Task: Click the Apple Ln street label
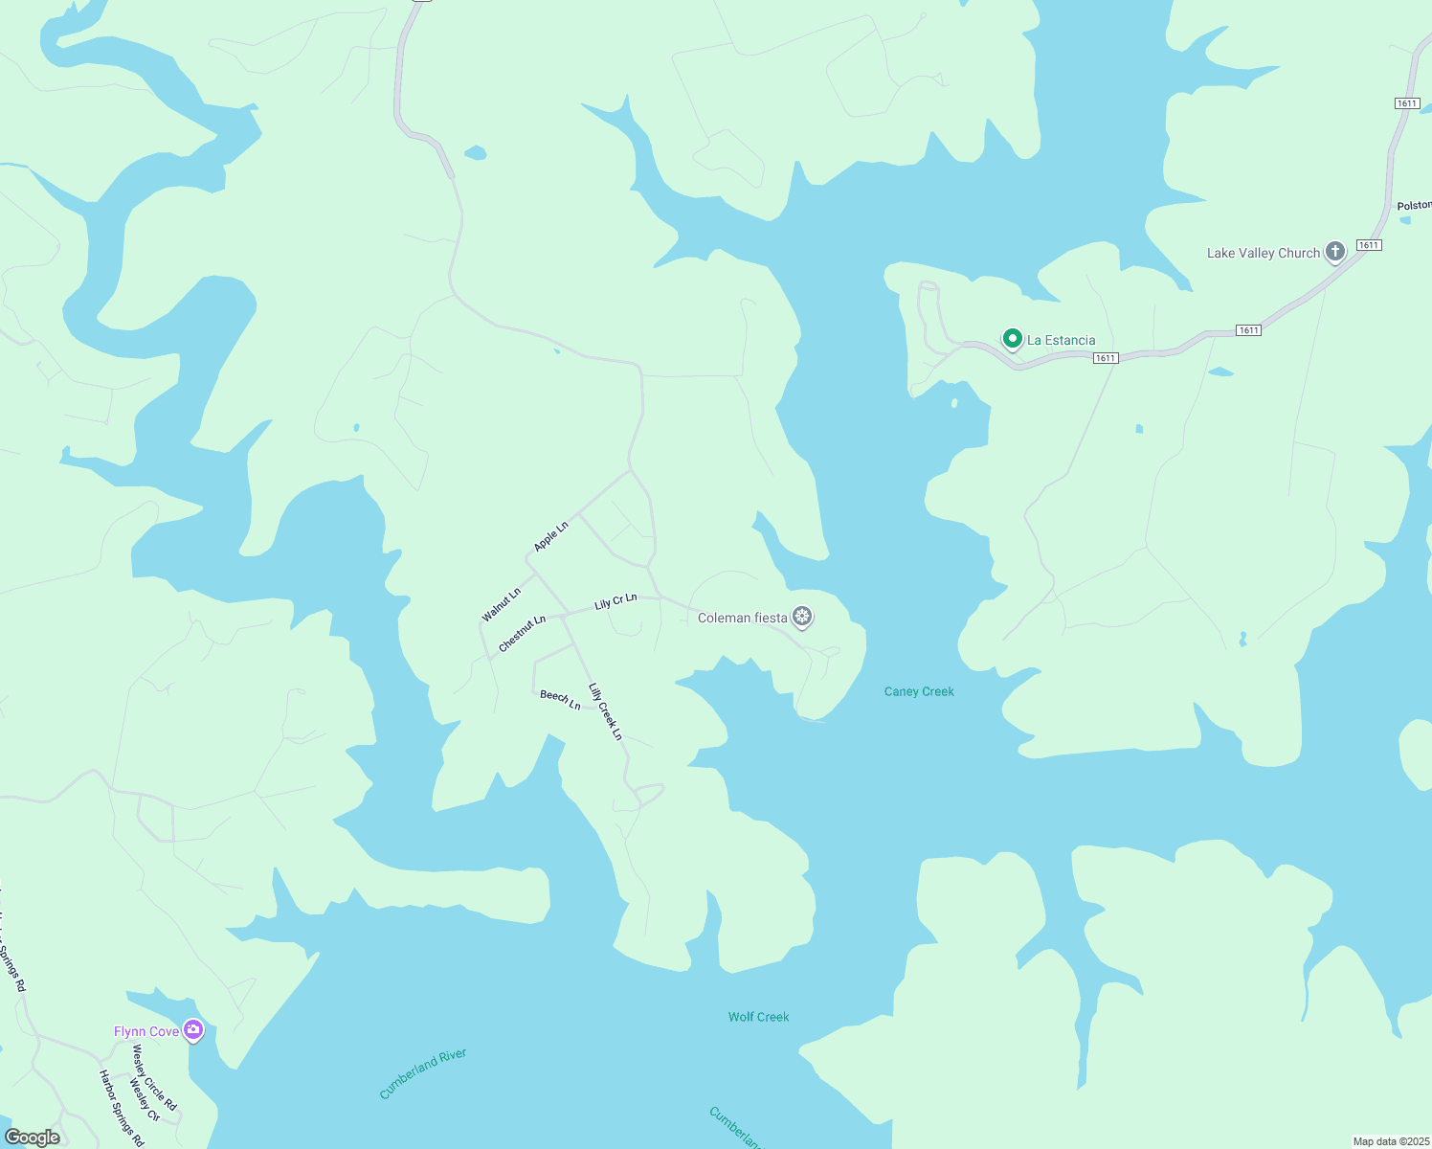click(550, 536)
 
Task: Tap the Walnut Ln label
click(502, 605)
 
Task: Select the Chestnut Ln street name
click(522, 634)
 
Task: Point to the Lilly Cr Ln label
click(615, 601)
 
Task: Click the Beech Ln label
click(560, 700)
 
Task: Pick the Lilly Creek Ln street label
click(605, 711)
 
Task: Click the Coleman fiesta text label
click(742, 619)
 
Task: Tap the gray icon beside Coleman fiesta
click(802, 617)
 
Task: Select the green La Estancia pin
click(1012, 339)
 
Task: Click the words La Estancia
click(1061, 341)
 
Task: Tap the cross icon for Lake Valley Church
click(1335, 252)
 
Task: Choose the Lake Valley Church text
click(1263, 254)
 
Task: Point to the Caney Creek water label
click(919, 691)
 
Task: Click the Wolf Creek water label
click(758, 1017)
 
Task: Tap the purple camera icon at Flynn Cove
click(193, 1030)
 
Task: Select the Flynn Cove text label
click(146, 1032)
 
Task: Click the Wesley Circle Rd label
click(154, 1077)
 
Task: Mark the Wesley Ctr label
click(145, 1100)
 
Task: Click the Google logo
click(33, 1138)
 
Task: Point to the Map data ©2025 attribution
click(1390, 1141)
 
